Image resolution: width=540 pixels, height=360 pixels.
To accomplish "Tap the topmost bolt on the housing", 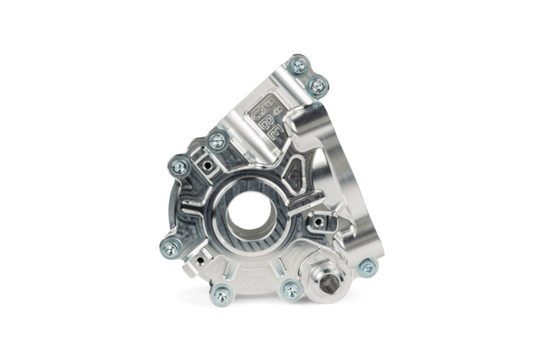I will click(x=298, y=64).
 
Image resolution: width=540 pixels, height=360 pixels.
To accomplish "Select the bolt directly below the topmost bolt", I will click(x=318, y=84).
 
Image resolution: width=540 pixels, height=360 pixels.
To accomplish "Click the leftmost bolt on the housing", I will click(x=179, y=167).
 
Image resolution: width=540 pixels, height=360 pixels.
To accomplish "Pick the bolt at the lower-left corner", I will click(x=170, y=248).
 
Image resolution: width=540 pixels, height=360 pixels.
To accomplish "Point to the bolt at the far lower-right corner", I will click(x=367, y=267).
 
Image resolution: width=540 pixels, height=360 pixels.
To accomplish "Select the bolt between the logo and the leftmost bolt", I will click(x=216, y=142).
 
